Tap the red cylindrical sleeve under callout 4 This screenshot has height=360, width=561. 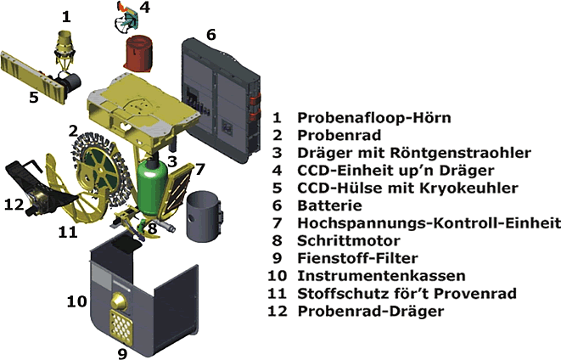139,53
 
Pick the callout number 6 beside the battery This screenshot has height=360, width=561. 210,35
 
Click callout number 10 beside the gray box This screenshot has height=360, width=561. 76,300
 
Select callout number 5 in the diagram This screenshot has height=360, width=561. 34,96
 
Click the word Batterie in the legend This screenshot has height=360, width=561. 328,205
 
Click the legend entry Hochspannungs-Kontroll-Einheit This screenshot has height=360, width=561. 429,222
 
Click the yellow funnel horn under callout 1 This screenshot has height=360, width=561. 66,42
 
